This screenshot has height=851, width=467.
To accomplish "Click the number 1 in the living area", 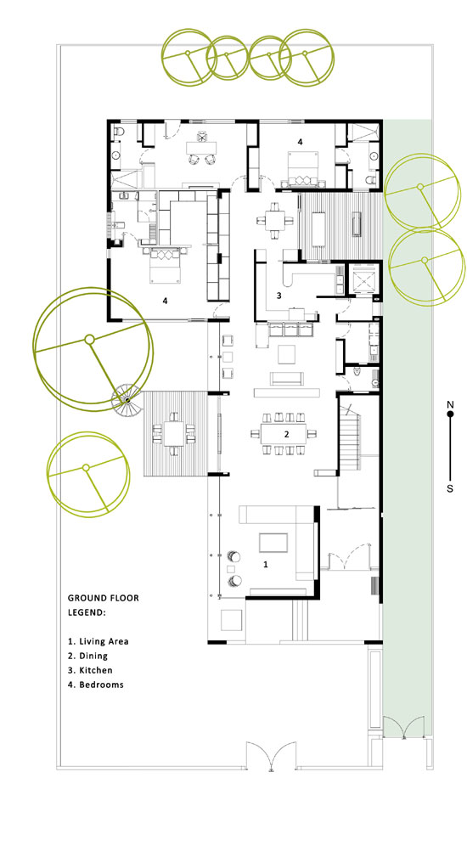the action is click(x=266, y=565).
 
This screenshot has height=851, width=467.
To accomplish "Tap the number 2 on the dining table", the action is click(x=286, y=434).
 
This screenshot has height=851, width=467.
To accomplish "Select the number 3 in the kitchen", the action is click(x=279, y=296).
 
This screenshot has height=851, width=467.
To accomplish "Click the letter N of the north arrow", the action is click(x=450, y=404).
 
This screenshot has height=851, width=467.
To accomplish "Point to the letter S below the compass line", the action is click(x=450, y=488).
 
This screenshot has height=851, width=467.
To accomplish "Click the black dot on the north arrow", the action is click(x=450, y=414).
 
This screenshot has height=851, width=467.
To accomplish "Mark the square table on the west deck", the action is click(x=174, y=432).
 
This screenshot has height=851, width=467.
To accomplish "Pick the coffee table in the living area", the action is click(x=273, y=543).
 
